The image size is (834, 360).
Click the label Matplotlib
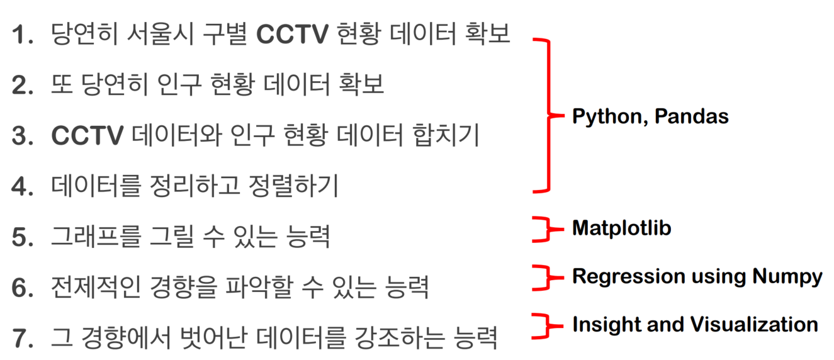pos(621,228)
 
